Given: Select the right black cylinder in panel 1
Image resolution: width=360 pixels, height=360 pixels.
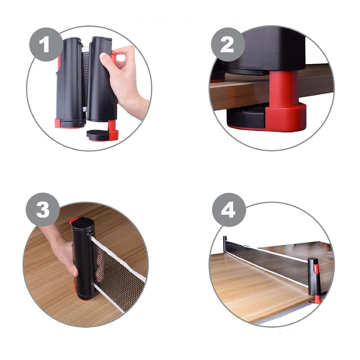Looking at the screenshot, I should coord(101,79).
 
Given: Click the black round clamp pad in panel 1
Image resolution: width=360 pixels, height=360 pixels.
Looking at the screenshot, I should coord(98,134).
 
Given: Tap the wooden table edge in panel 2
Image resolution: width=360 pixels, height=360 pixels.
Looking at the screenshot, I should coord(238,92).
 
